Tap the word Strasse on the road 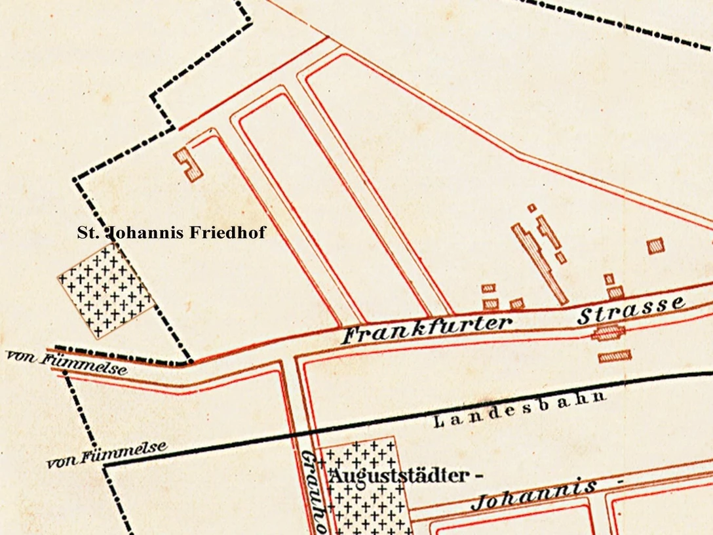pyautogui.click(x=631, y=309)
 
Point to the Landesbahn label pyautogui.click(x=519, y=409)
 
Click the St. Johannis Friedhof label pyautogui.click(x=172, y=232)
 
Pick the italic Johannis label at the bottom pyautogui.click(x=534, y=496)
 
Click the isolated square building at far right pyautogui.click(x=655, y=246)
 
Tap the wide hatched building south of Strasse pyautogui.click(x=615, y=356)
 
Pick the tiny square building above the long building pyautogui.click(x=531, y=208)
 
